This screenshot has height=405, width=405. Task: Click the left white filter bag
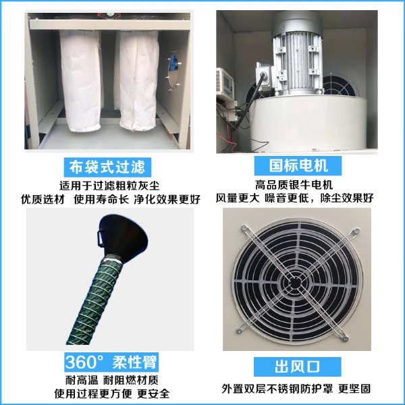[x=80, y=80]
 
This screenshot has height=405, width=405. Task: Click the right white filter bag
[x=138, y=80]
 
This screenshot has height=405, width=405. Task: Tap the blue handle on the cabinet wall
[x=172, y=63]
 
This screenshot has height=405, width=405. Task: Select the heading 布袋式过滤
[x=107, y=167]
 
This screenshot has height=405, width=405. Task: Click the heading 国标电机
[x=298, y=165]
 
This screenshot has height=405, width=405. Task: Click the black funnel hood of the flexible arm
[x=124, y=238]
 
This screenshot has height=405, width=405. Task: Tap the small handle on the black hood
[x=100, y=238]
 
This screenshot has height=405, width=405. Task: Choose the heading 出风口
[x=297, y=367]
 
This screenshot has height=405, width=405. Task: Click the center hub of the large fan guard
[x=295, y=283]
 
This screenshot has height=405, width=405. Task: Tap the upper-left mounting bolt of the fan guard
[x=244, y=228]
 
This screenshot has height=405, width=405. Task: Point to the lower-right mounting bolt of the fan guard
[x=344, y=337]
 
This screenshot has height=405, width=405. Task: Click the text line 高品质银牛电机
[x=294, y=185]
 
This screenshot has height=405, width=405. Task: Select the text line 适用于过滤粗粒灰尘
[x=109, y=186]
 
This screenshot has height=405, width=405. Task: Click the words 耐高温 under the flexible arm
[x=82, y=380]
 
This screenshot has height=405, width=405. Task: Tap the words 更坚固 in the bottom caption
[x=354, y=389]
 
